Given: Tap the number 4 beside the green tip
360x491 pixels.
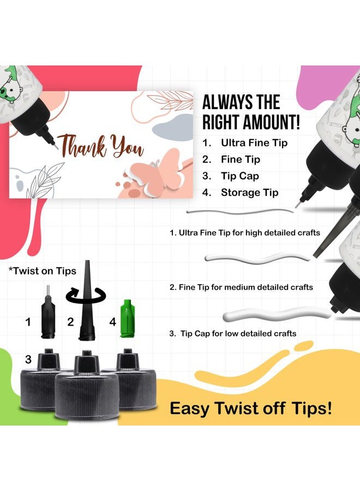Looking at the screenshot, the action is (x=113, y=321).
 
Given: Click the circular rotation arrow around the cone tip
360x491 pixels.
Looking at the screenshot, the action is (x=86, y=295).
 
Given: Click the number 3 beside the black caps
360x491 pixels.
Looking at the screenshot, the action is (x=28, y=359).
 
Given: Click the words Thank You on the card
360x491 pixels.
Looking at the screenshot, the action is (x=100, y=146).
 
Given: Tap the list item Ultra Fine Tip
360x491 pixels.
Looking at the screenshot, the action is (x=254, y=143).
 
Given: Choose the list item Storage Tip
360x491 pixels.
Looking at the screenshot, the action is (x=249, y=192).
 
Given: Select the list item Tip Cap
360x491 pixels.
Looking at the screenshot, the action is (x=240, y=176).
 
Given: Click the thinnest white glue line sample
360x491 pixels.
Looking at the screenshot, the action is (x=240, y=211).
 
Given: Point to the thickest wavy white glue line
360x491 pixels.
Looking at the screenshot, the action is (x=277, y=314).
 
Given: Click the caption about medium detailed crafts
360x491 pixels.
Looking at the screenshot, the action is (x=241, y=287).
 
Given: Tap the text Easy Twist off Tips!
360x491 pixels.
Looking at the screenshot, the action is (x=250, y=408).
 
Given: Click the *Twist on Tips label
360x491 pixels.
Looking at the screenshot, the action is (x=42, y=271).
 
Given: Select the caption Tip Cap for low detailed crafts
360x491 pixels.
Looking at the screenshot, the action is (x=232, y=333).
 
